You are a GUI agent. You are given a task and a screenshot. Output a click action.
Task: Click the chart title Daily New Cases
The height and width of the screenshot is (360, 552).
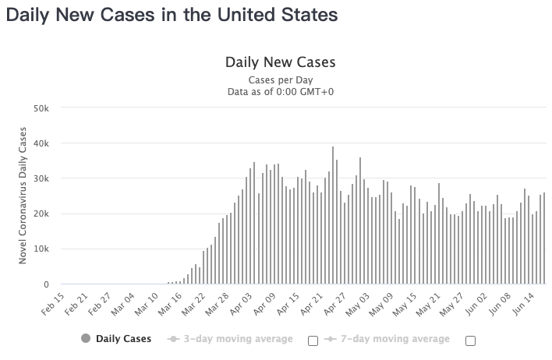(x=280, y=62)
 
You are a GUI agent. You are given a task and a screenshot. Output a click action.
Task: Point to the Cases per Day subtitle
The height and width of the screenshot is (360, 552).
(x=280, y=79)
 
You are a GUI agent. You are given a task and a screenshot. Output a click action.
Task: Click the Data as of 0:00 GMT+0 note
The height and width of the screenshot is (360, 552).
(x=280, y=91)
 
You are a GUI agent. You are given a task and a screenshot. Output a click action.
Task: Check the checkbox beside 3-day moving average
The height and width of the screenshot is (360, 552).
(x=313, y=340)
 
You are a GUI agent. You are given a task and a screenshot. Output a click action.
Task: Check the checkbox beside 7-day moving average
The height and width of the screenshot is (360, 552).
(x=470, y=340)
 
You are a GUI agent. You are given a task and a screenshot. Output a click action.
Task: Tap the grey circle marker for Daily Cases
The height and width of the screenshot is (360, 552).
(x=85, y=339)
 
